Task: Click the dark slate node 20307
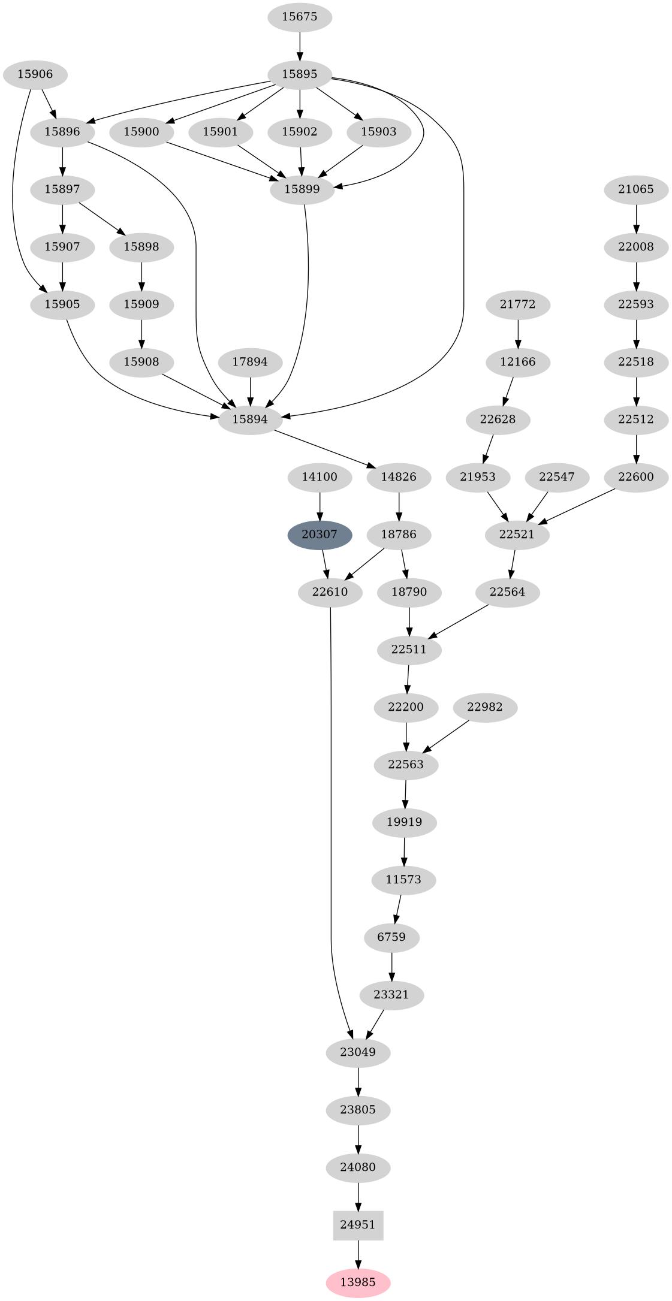coord(320,535)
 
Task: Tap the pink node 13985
coord(358,1282)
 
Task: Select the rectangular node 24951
coord(358,1225)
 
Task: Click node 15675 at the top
coord(299,17)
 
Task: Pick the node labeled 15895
coord(299,74)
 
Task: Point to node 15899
coord(302,189)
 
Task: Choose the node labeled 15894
coord(250,419)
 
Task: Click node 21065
coord(636,189)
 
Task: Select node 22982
coord(485,707)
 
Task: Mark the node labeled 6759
coord(392,937)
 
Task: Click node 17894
coord(250,362)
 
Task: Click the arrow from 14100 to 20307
coord(320,505)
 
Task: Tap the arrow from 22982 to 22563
coord(446,736)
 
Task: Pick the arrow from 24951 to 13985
coord(358,1254)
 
